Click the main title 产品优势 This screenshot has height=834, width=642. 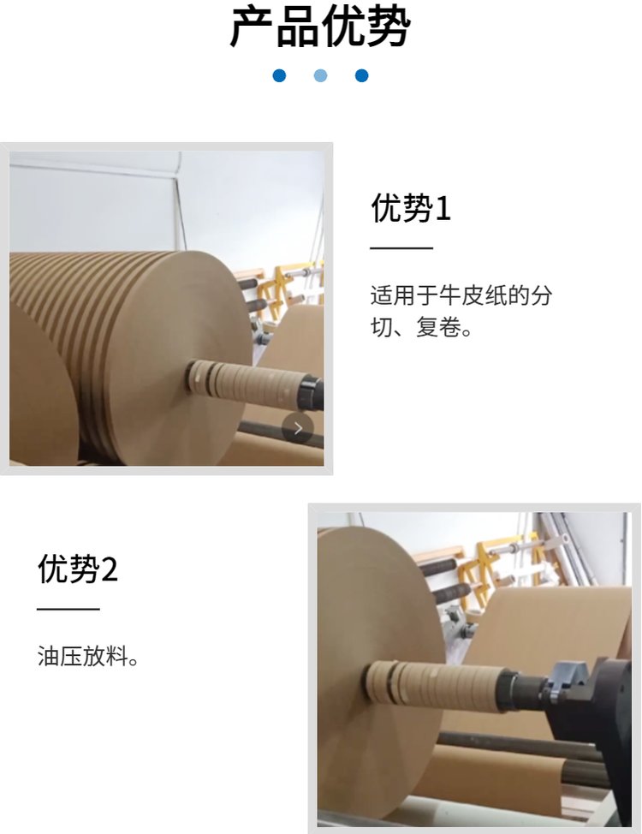tap(320, 27)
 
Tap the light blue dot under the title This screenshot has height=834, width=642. tap(320, 75)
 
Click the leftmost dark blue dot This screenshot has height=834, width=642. tap(279, 75)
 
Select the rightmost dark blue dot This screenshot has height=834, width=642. tap(362, 75)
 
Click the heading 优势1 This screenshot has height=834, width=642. tap(411, 207)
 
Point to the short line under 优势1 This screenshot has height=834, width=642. tap(401, 247)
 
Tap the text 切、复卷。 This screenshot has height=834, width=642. tap(421, 327)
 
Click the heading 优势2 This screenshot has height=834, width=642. tap(78, 568)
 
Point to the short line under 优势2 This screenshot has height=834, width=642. tap(68, 609)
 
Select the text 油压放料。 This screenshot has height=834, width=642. tap(88, 656)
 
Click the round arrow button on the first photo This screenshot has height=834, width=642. tap(297, 428)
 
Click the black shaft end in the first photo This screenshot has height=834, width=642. tap(312, 392)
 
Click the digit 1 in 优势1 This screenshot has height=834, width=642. tap(443, 208)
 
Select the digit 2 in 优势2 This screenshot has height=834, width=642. tap(109, 569)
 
